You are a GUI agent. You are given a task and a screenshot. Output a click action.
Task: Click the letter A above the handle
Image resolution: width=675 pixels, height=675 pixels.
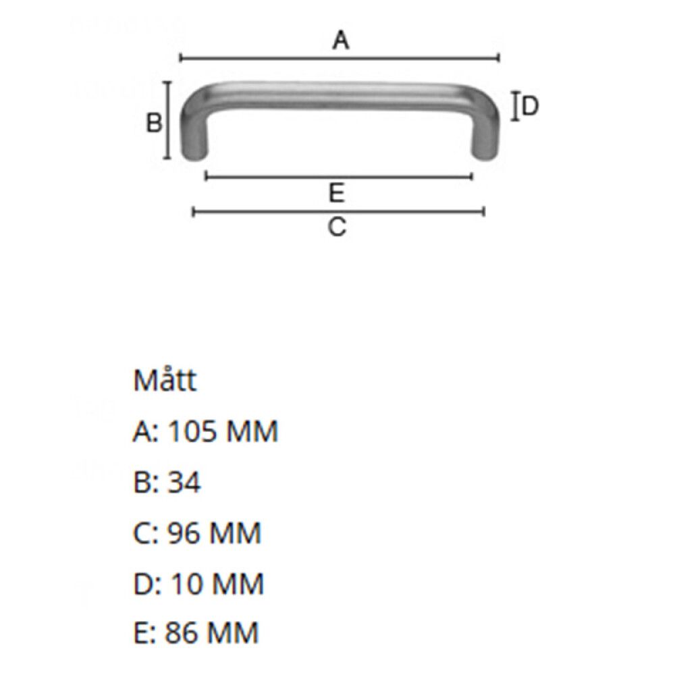(342, 41)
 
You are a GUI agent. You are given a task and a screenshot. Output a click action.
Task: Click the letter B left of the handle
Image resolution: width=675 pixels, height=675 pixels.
(155, 124)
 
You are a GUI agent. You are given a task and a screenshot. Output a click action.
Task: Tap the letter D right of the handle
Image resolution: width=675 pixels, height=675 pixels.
(531, 107)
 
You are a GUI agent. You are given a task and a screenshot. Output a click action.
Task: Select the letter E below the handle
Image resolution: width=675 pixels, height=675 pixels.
(337, 194)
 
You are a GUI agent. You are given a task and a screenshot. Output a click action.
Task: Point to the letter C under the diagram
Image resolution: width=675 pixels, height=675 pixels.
(337, 227)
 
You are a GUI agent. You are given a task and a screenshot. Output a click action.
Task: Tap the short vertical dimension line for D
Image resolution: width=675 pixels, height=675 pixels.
(516, 107)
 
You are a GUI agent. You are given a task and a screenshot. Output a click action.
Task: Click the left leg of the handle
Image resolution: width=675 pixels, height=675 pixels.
(194, 135)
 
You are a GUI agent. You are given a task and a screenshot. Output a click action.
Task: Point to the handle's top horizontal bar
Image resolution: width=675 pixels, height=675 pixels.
(337, 95)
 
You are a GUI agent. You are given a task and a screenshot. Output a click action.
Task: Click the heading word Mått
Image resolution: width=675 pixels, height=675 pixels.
(165, 381)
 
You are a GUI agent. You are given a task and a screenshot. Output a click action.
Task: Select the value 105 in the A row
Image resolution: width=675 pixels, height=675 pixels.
(192, 432)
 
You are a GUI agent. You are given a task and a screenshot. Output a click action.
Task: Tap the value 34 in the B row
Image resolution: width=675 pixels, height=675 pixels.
(184, 483)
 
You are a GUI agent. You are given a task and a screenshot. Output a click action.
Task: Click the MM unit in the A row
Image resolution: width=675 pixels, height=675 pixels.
(251, 432)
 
